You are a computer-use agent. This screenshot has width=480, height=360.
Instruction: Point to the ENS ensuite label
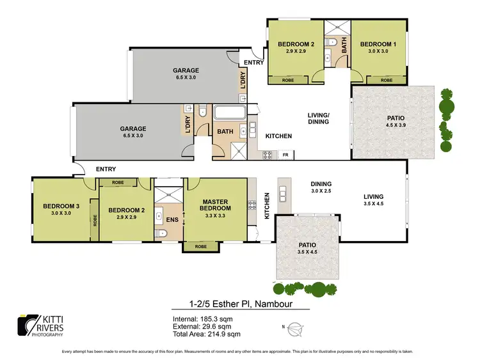[x=171, y=221]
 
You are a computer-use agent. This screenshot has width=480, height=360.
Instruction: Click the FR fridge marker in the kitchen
[x=285, y=155]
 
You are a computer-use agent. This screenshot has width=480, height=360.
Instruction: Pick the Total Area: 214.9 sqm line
[x=207, y=334]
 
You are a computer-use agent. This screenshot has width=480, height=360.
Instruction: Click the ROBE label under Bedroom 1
[x=386, y=81]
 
